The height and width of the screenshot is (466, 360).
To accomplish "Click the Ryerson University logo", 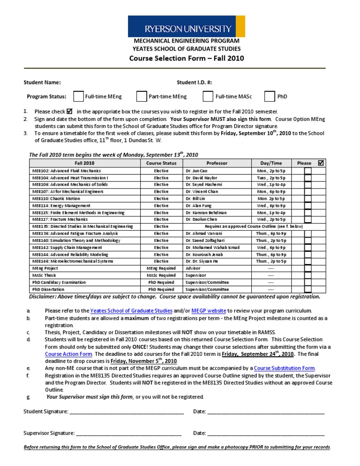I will (x=186, y=26).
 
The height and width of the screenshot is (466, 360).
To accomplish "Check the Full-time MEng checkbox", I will (x=79, y=97).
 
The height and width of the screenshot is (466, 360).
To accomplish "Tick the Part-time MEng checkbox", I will (x=142, y=97).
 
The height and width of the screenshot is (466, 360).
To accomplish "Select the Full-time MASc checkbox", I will (x=208, y=97).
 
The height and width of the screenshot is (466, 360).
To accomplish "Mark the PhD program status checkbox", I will (x=270, y=97).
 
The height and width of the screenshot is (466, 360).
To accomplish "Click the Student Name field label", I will (x=42, y=83).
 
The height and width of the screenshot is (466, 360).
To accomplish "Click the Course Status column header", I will (x=161, y=163).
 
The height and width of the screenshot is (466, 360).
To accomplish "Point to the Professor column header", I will (x=217, y=163).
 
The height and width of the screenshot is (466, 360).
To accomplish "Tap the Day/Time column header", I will (x=271, y=163).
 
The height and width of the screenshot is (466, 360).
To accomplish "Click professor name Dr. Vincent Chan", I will (x=202, y=192).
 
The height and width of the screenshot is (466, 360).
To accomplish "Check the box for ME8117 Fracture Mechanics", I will (x=307, y=219).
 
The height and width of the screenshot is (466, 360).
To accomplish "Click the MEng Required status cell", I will (x=161, y=268).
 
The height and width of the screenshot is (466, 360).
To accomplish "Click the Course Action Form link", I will (x=69, y=354).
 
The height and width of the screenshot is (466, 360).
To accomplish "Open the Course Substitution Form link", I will (x=284, y=368).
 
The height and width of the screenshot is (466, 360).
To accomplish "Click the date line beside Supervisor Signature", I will (x=266, y=433).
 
